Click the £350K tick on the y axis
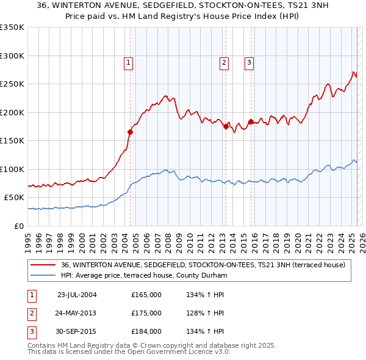coord(12,27)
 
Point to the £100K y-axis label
coord(12,169)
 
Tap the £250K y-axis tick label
coord(12,84)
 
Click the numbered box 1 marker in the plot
coord(129,61)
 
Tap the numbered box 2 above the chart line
coord(224,61)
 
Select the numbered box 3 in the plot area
coord(249,61)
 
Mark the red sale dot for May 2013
coord(225,126)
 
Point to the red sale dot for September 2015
coord(251,121)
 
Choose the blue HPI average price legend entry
coord(144,276)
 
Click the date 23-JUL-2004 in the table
coord(77,295)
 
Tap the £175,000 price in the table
coord(146,313)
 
